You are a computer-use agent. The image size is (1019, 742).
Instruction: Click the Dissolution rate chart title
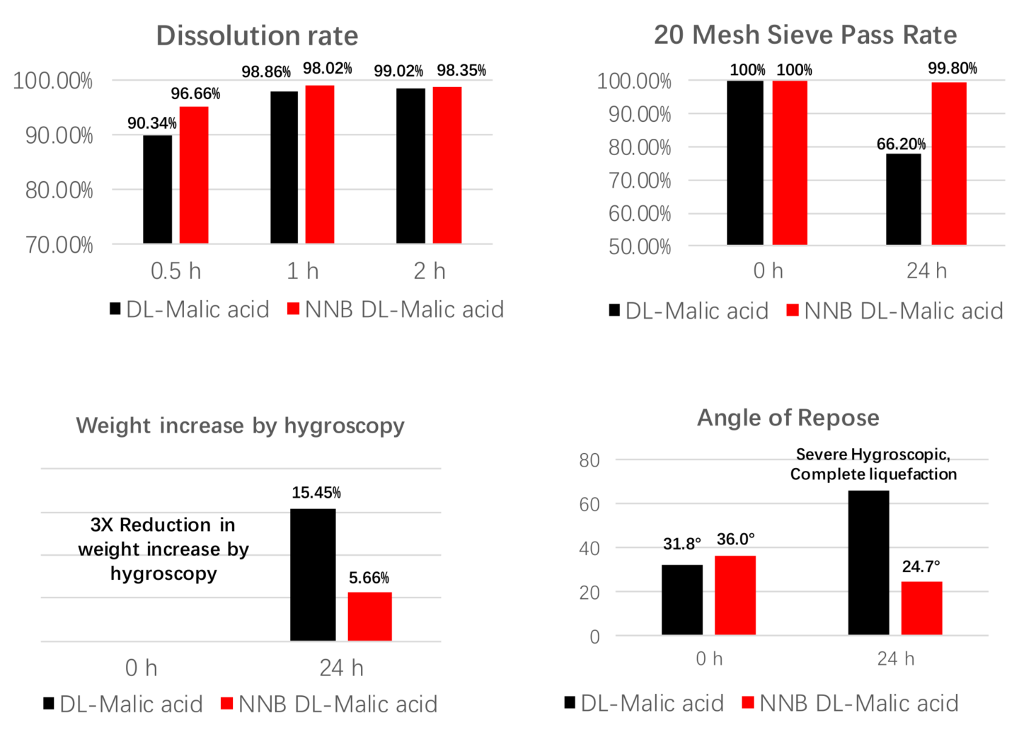tap(257, 35)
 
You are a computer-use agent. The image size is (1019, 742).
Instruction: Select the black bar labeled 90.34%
tap(157, 189)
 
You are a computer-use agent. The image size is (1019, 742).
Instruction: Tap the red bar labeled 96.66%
tap(194, 175)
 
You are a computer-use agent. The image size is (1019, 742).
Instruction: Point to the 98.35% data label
tap(461, 70)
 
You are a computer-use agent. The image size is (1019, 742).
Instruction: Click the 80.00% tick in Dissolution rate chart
tap(59, 190)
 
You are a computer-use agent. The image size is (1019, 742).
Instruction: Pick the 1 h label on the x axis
tap(303, 271)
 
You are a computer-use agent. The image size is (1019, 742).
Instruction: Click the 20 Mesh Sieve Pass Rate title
tap(805, 35)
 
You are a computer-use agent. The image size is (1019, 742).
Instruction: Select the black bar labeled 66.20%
tap(904, 199)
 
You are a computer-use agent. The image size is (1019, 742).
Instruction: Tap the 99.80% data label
tap(952, 68)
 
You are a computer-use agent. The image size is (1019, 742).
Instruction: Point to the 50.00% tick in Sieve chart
tap(640, 246)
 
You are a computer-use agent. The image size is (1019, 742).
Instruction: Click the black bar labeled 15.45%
tap(313, 574)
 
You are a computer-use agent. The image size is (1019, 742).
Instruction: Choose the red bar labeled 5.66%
tap(369, 616)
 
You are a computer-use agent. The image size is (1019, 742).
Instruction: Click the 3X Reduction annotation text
tap(163, 549)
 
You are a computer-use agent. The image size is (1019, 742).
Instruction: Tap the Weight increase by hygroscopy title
tap(240, 425)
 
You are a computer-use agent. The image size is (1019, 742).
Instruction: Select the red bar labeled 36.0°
tap(735, 595)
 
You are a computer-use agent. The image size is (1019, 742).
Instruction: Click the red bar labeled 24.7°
tap(921, 607)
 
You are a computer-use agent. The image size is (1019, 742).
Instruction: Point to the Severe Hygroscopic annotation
tap(873, 464)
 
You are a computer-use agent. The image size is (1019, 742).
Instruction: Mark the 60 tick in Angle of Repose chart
tap(589, 504)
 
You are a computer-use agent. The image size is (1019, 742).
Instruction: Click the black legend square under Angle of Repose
tap(570, 702)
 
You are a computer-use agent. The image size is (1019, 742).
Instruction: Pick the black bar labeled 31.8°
tap(682, 599)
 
